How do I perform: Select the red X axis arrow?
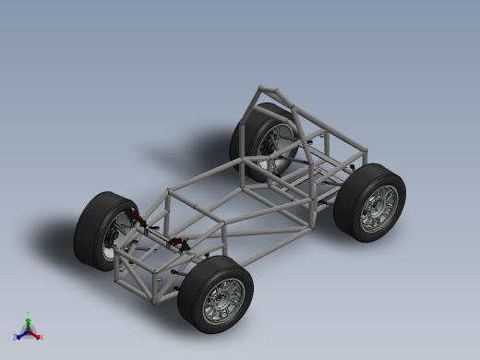click(36, 335)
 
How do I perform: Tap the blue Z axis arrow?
click(21, 335)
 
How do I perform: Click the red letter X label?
click(42, 338)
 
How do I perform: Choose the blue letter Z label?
click(16, 338)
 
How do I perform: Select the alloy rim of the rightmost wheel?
click(378, 207)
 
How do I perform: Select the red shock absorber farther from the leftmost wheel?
click(183, 243)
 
